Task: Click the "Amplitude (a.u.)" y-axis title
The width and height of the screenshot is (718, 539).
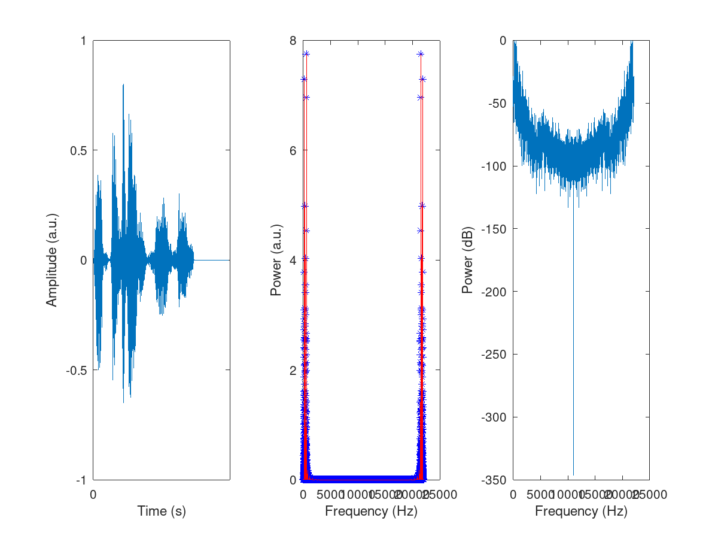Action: [x=52, y=260]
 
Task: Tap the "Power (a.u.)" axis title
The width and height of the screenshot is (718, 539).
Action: [x=276, y=260]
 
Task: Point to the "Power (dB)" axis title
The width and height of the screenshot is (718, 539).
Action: [x=467, y=260]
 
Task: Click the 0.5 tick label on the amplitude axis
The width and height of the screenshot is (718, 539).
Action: [x=78, y=150]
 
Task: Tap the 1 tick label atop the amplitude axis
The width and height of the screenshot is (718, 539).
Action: [x=83, y=41]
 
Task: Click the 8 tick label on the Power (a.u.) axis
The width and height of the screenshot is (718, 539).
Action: [x=294, y=41]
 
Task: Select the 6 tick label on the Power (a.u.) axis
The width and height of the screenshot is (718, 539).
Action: [x=294, y=150]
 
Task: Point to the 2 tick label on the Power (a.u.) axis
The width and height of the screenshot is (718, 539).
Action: [x=294, y=370]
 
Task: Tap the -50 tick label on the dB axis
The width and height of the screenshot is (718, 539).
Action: [x=496, y=104]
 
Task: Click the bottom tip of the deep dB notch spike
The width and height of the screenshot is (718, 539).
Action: [x=573, y=475]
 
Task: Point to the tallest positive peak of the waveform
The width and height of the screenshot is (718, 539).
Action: [x=123, y=84]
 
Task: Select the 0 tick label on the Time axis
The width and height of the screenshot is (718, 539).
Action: [x=93, y=495]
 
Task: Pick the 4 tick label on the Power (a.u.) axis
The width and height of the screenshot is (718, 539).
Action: [x=294, y=260]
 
